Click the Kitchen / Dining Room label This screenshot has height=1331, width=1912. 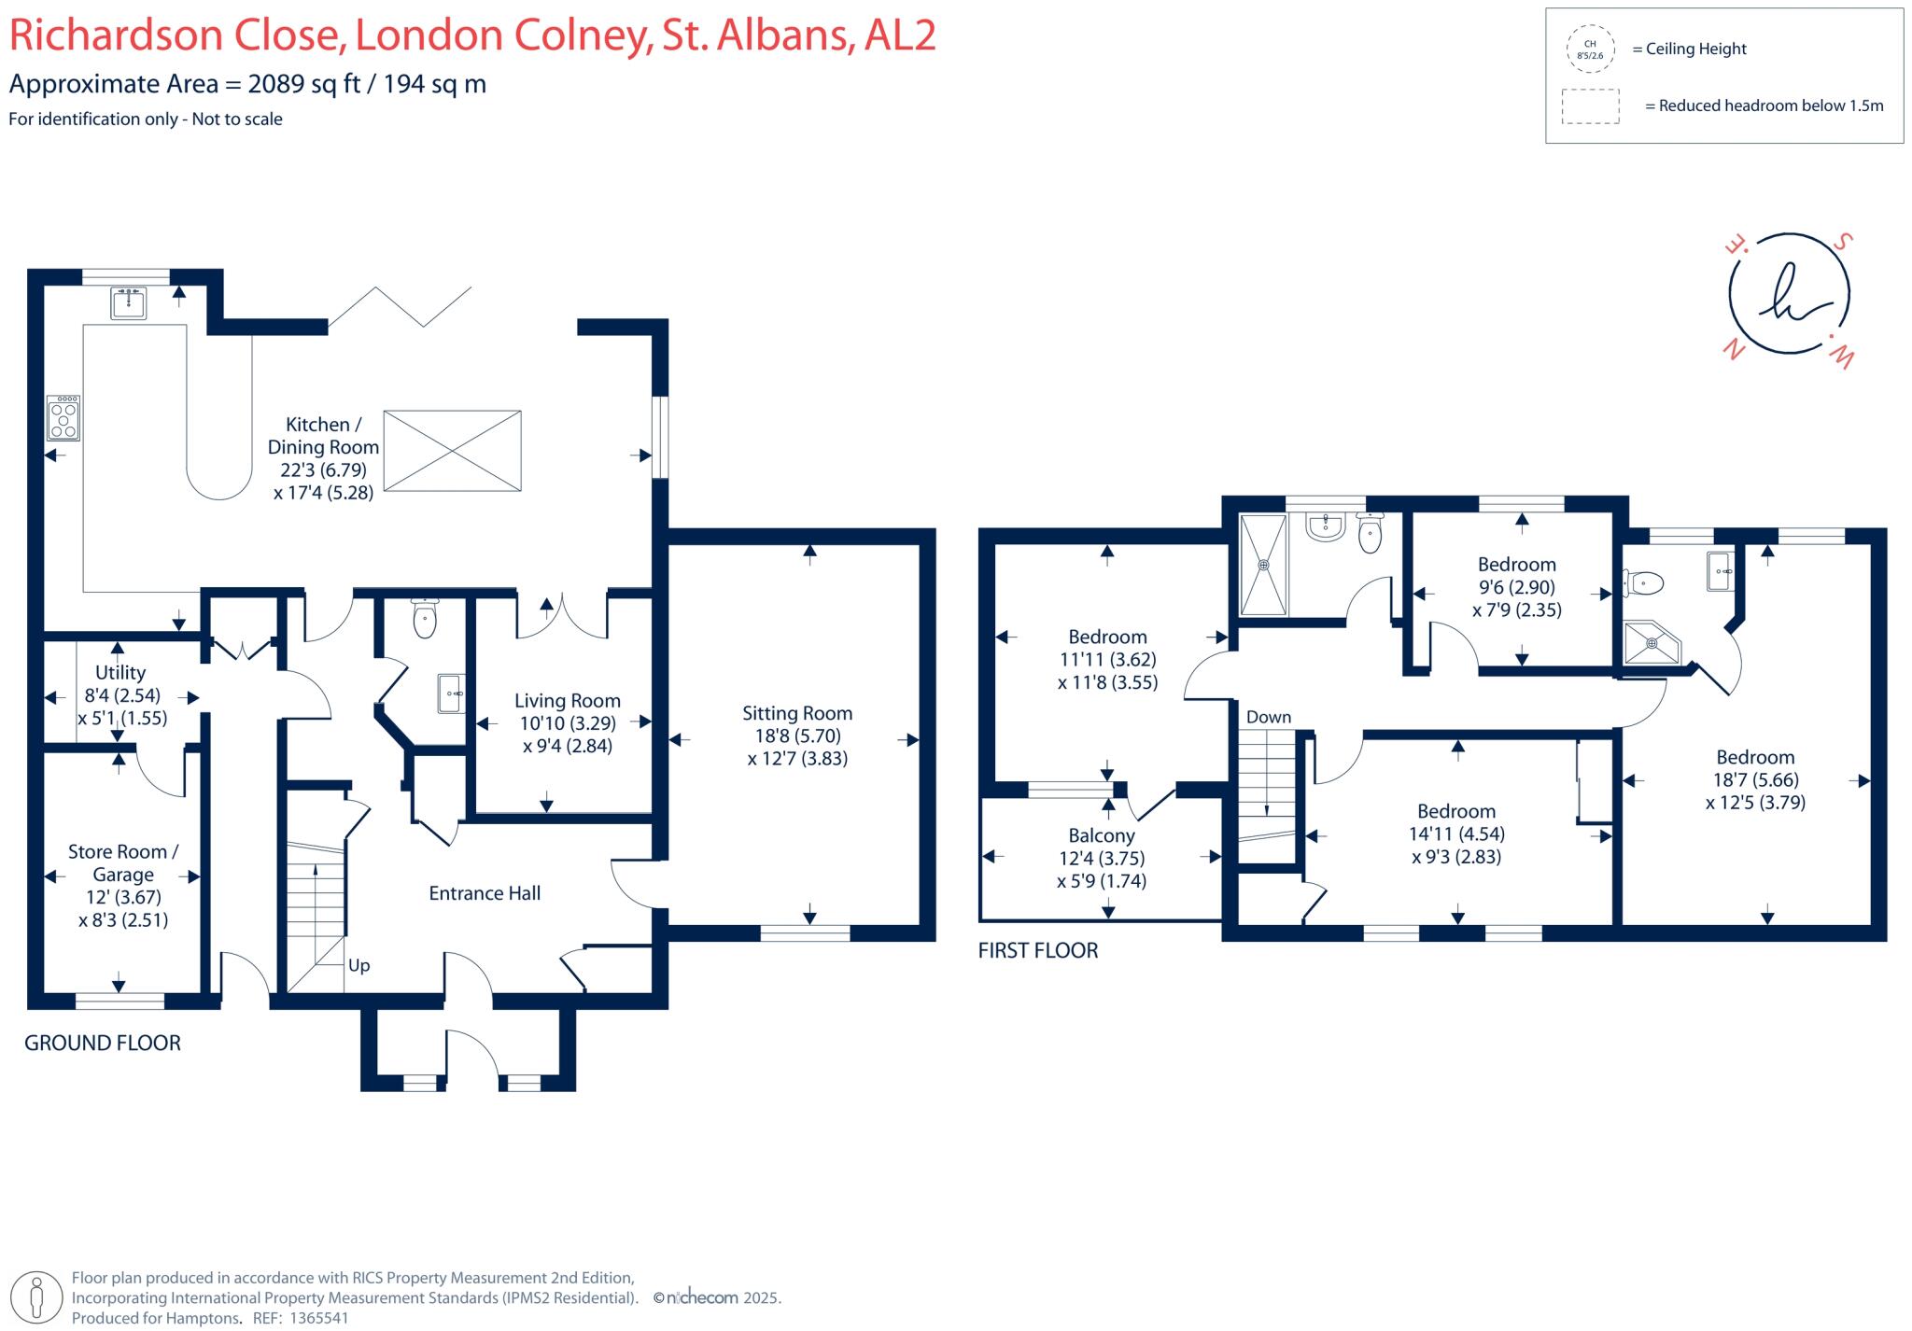click(x=323, y=436)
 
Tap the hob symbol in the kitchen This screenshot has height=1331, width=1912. click(x=63, y=418)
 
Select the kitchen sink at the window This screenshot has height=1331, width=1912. click(x=128, y=302)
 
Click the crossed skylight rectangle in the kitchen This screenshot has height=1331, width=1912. click(x=452, y=450)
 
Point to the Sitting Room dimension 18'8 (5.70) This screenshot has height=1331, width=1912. click(x=797, y=736)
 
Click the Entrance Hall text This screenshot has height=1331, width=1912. click(x=485, y=893)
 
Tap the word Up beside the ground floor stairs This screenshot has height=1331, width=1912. click(x=358, y=965)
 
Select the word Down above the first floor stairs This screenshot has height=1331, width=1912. click(x=1269, y=717)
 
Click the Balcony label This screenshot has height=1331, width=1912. click(x=1102, y=835)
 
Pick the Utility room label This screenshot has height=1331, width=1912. click(x=120, y=672)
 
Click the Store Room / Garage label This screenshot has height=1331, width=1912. click(x=123, y=862)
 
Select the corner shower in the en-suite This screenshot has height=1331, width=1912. click(x=1650, y=643)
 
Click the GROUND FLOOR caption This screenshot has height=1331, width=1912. click(x=103, y=1043)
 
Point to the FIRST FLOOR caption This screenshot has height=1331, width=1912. click(x=1037, y=950)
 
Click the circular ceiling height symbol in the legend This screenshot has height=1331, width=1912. click(x=1590, y=49)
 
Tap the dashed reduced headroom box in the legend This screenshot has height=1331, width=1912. click(x=1590, y=106)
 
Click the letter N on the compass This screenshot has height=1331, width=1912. click(x=1734, y=349)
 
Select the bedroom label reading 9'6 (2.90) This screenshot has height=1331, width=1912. click(x=1516, y=587)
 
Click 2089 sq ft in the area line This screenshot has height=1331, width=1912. click(x=303, y=84)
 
